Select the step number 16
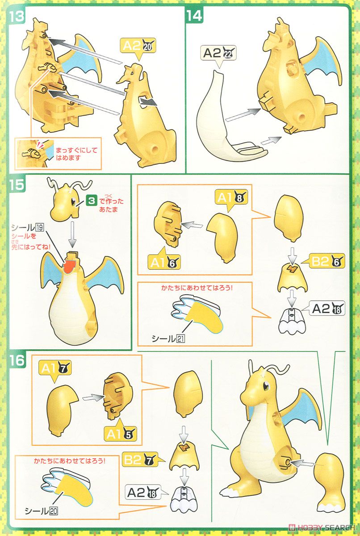(x=17, y=360)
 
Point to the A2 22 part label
(x=219, y=53)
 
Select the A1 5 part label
(x=120, y=433)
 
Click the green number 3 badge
(x=91, y=201)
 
